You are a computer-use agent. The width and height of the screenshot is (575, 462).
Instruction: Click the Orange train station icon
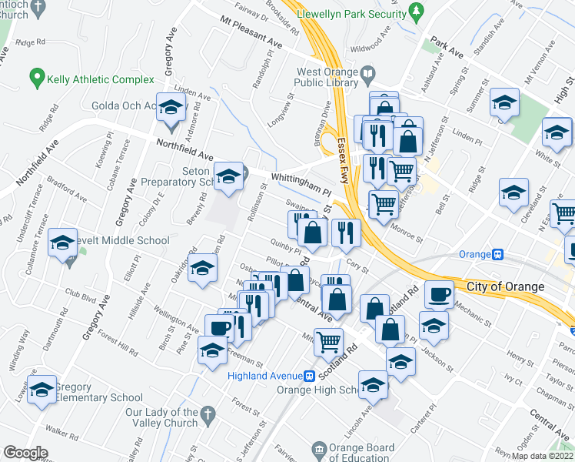(x=498, y=254)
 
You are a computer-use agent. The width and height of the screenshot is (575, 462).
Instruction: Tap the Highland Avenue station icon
(x=309, y=377)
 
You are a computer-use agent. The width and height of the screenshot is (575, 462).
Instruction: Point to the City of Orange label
(x=506, y=286)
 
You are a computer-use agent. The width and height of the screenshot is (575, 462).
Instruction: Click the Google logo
(x=25, y=453)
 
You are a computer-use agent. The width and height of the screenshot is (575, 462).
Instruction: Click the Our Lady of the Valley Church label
(x=161, y=417)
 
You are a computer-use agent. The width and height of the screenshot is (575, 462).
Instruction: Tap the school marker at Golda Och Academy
(x=171, y=109)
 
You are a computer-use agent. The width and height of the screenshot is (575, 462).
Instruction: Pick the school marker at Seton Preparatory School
(x=228, y=177)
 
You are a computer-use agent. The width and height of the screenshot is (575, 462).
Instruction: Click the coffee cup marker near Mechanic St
(x=440, y=294)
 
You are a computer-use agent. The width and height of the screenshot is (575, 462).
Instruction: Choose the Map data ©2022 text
(x=542, y=456)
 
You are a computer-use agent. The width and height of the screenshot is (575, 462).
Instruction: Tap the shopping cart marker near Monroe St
(x=384, y=205)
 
